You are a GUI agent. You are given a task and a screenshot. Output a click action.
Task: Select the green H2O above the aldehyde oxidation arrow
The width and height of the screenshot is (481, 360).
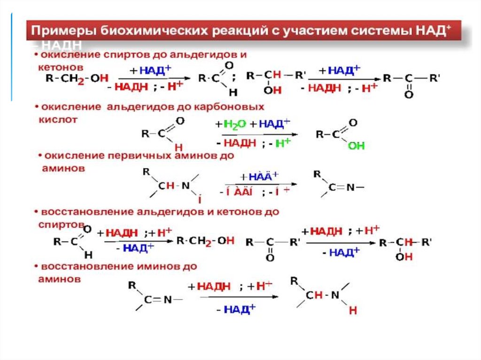tap(234, 124)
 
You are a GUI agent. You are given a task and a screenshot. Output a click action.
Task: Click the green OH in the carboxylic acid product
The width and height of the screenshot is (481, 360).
tap(356, 146)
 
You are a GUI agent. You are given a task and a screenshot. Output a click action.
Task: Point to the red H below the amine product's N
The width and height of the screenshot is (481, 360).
tap(353, 310)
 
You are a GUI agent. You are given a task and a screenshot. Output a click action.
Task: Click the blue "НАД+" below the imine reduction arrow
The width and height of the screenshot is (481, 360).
tap(239, 309)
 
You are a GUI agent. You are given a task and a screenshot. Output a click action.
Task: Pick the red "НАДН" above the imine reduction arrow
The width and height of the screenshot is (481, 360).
tap(214, 286)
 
